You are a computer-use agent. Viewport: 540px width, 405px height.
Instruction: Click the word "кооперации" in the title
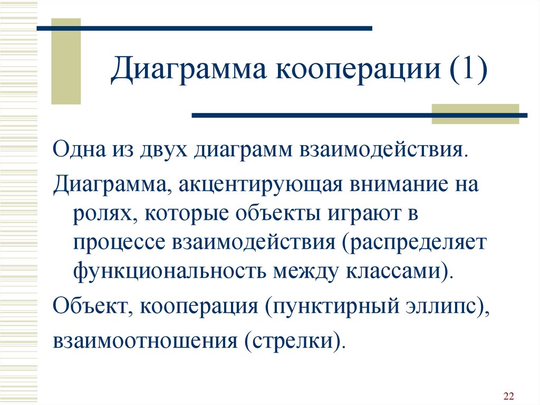pos(358,69)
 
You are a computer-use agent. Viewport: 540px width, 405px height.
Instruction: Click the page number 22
pos(508,395)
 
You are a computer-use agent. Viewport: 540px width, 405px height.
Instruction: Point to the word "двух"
pos(163,152)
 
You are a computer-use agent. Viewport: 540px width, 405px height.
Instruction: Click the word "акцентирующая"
pos(261,185)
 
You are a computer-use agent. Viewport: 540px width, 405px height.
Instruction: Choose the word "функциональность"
pos(170,271)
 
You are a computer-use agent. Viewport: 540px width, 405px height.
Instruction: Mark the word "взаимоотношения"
pos(145,341)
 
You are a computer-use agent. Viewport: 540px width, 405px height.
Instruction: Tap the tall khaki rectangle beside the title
pos(66,61)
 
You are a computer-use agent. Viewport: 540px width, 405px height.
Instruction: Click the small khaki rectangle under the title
pos(475,114)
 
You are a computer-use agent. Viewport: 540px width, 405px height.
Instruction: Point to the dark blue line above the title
pos(205,29)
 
